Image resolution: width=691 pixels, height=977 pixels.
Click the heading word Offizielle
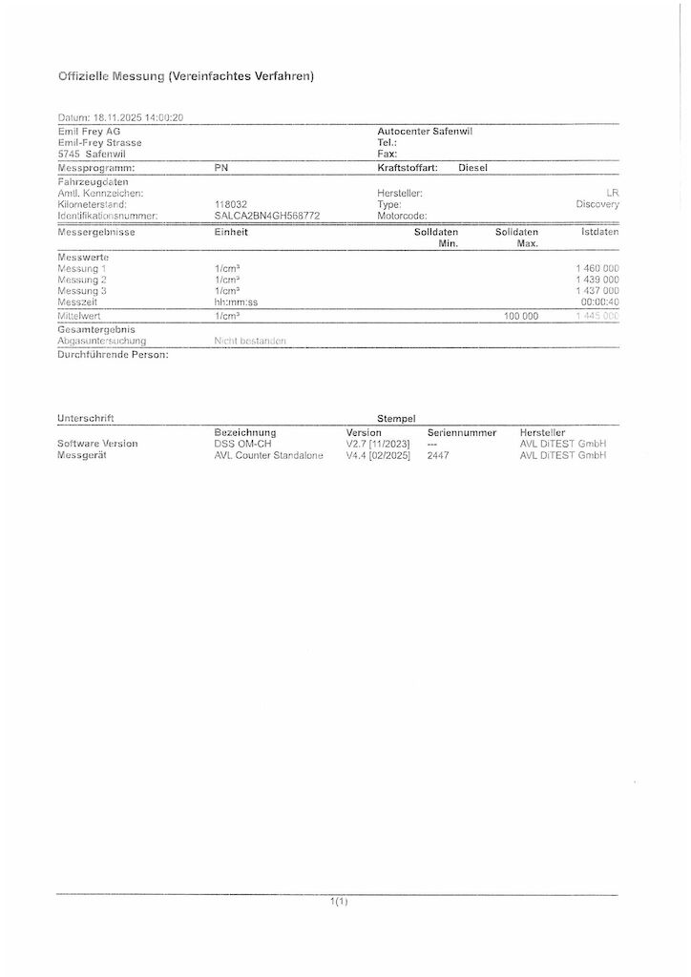click(x=84, y=76)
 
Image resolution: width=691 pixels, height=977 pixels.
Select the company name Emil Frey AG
click(x=90, y=131)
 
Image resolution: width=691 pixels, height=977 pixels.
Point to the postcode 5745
click(x=69, y=154)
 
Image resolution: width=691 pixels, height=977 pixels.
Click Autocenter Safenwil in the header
click(x=425, y=131)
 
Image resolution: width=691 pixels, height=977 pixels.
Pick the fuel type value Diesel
click(x=472, y=168)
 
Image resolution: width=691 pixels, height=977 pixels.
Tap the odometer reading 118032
click(x=232, y=204)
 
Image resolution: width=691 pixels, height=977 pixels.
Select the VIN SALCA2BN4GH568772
click(x=267, y=216)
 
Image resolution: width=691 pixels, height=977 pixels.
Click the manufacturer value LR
click(x=612, y=193)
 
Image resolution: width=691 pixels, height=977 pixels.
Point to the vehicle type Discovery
click(x=597, y=204)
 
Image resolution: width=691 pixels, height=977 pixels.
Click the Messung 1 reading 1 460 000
click(x=597, y=269)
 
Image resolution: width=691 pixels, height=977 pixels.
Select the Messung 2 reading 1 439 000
click(x=597, y=281)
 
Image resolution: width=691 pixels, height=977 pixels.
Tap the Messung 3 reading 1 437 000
click(x=597, y=291)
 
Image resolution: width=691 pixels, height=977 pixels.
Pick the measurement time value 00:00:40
click(x=599, y=302)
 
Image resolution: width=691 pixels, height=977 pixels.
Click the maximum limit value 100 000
click(x=520, y=316)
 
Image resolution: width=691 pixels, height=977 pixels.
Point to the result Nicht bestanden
click(x=250, y=341)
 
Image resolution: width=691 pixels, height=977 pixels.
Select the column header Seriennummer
click(x=462, y=432)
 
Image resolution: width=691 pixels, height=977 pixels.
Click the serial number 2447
click(x=438, y=455)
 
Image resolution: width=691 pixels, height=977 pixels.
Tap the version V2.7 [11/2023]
click(x=378, y=444)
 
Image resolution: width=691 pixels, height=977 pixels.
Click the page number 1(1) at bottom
click(x=339, y=901)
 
